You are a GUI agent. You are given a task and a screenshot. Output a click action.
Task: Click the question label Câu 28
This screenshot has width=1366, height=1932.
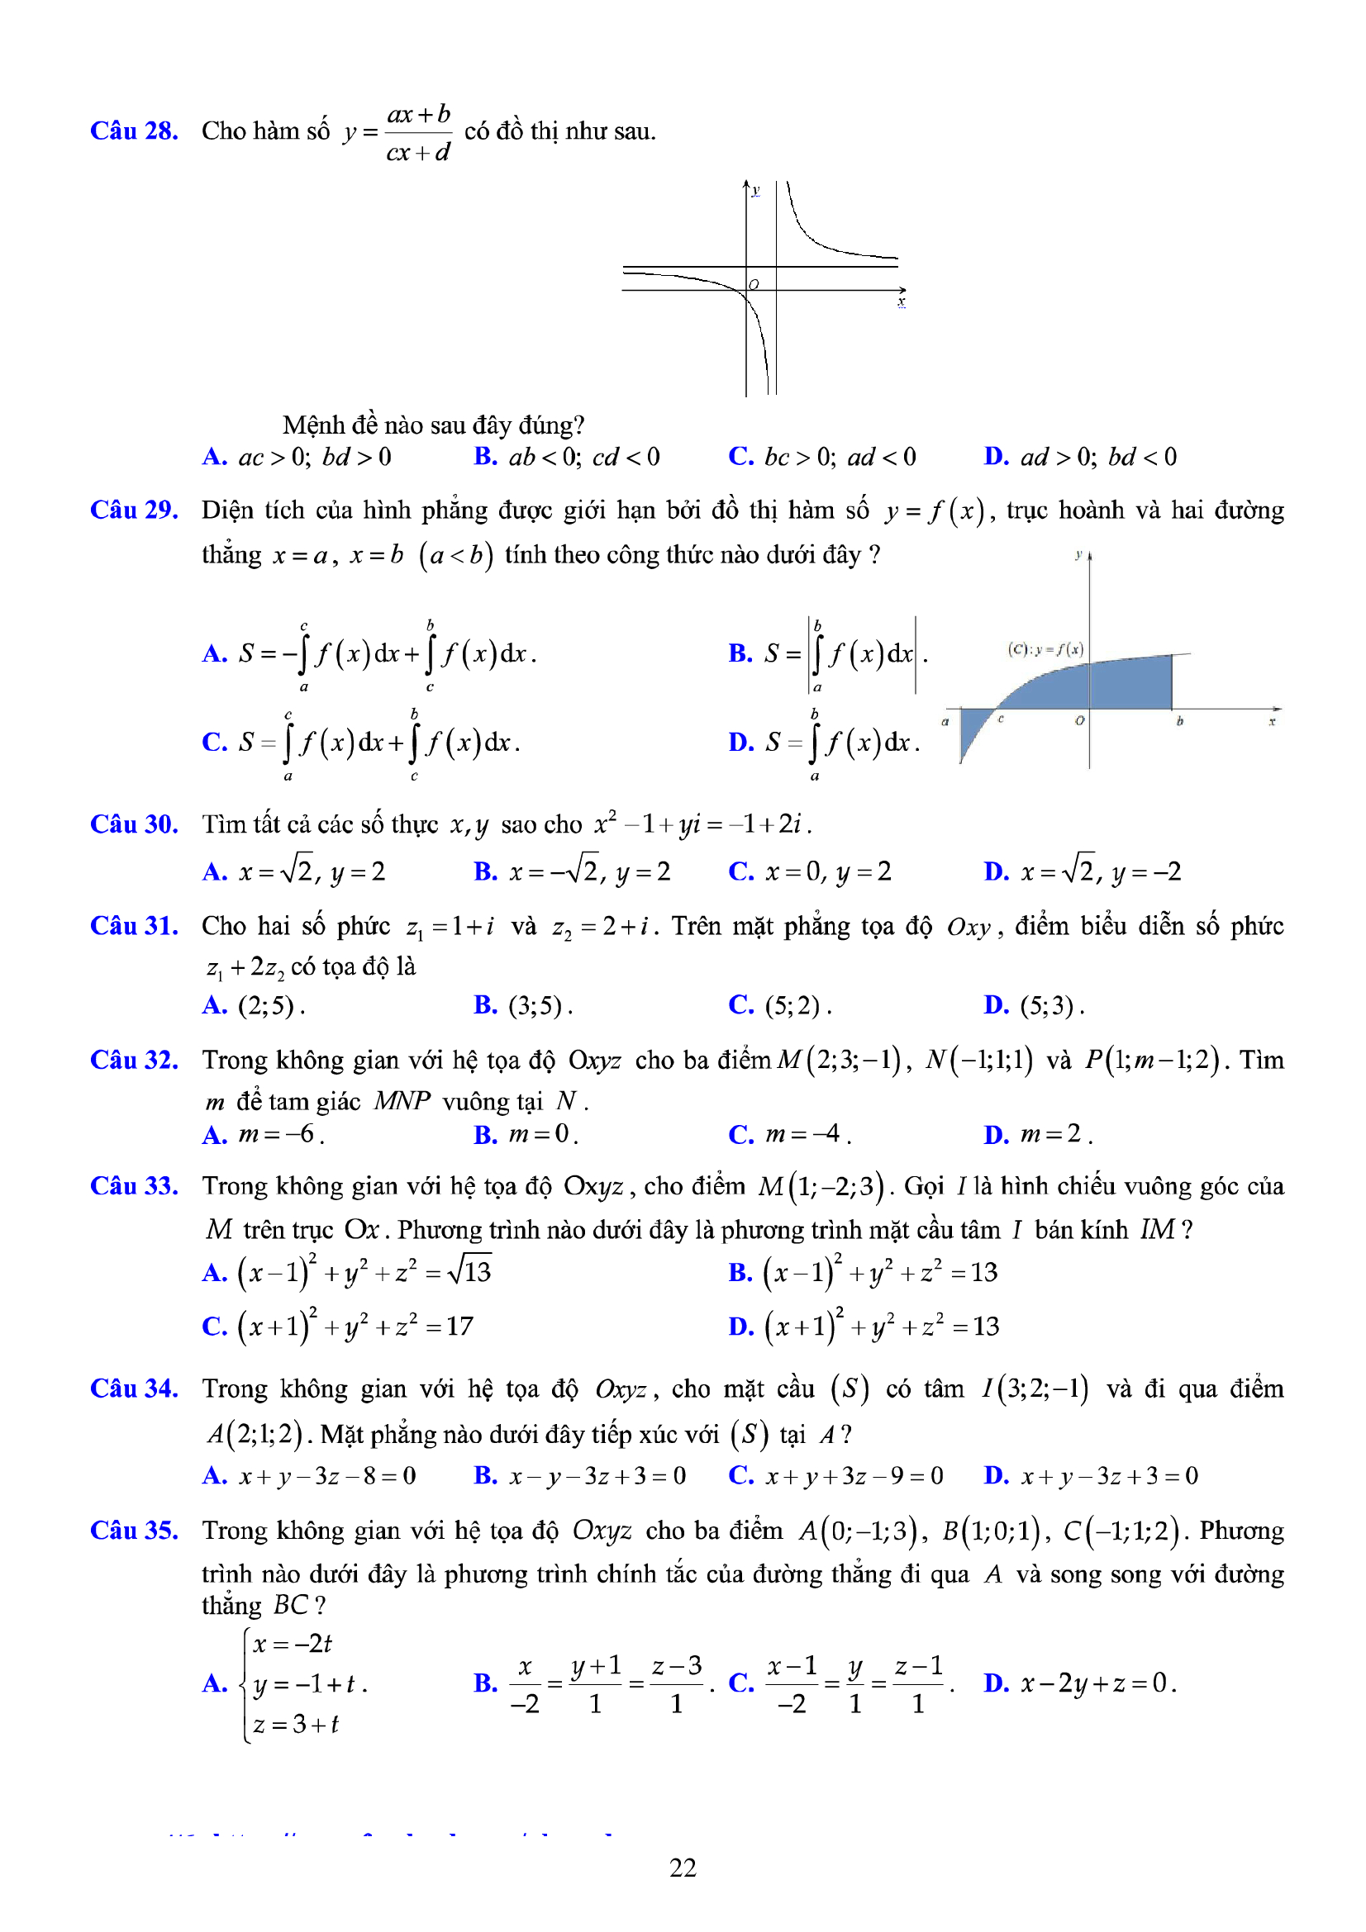pos(134,131)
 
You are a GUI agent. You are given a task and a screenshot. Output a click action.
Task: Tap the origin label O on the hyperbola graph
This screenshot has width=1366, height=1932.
pos(754,284)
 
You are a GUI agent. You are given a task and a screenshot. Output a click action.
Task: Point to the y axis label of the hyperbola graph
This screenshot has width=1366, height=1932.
pos(755,190)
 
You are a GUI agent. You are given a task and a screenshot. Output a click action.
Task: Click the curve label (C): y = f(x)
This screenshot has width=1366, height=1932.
pos(1045,648)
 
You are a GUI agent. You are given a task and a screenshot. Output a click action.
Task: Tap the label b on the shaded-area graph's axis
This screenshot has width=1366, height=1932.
pos(1179,721)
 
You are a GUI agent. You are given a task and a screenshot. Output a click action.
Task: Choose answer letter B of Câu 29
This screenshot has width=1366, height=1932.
pos(740,653)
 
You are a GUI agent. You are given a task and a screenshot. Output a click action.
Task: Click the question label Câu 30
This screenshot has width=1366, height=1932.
pos(134,824)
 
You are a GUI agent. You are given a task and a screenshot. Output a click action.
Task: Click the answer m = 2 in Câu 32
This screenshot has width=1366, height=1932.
pos(1051,1134)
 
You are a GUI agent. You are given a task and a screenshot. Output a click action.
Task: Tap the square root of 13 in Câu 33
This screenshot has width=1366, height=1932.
pos(469,1271)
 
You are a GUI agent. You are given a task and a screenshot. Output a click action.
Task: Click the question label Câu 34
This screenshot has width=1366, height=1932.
pos(134,1388)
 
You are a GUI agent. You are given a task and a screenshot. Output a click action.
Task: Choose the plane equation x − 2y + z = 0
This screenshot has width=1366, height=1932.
pos(1097,1683)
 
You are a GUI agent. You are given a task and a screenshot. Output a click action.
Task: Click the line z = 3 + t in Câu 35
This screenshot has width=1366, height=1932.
pos(295,1724)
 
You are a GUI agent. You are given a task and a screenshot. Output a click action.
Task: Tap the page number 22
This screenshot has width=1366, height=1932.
pos(683,1868)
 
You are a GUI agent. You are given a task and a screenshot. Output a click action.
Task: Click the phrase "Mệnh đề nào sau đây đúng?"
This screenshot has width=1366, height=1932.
pos(433,425)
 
